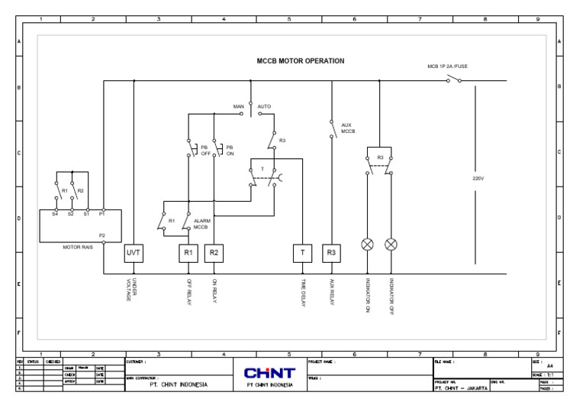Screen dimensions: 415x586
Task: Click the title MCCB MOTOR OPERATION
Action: pyautogui.click(x=301, y=61)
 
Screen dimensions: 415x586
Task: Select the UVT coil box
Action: pyautogui.click(x=134, y=253)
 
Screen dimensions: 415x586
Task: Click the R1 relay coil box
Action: pyautogui.click(x=188, y=253)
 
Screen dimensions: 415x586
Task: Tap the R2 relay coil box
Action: pyautogui.click(x=214, y=253)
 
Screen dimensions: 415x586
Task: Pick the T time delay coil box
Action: pyautogui.click(x=302, y=253)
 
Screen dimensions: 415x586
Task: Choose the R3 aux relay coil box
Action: pyautogui.click(x=331, y=253)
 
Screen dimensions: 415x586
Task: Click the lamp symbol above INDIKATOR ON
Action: pyautogui.click(x=367, y=245)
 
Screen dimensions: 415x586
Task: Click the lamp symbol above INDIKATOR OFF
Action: pyautogui.click(x=391, y=245)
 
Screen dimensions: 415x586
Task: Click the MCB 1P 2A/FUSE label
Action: pyautogui.click(x=447, y=66)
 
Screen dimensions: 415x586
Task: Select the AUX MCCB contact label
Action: pyautogui.click(x=348, y=128)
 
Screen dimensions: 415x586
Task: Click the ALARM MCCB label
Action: pyautogui.click(x=201, y=224)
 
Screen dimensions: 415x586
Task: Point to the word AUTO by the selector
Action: pyautogui.click(x=264, y=106)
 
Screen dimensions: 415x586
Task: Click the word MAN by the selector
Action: pyautogui.click(x=238, y=106)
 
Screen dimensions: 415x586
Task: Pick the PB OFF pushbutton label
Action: pyautogui.click(x=204, y=150)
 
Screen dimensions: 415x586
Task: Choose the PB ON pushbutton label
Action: pyautogui.click(x=230, y=150)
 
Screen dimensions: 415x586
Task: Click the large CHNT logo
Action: pyautogui.click(x=269, y=372)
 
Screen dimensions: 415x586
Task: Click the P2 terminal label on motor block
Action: pyautogui.click(x=102, y=235)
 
